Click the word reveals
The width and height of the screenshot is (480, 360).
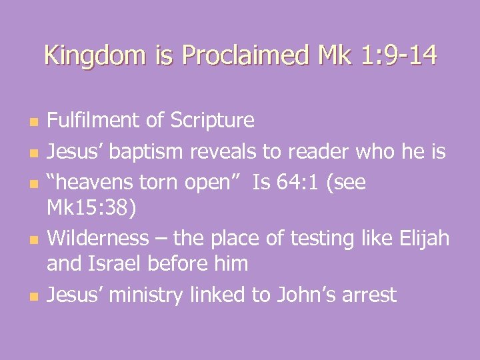pyautogui.click(x=223, y=151)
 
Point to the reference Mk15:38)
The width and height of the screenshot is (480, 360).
pyautogui.click(x=92, y=209)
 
